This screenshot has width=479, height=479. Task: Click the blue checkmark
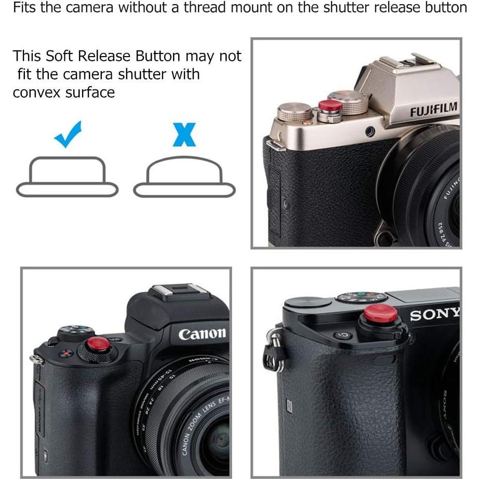click(68, 134)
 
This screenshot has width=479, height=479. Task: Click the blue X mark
click(184, 134)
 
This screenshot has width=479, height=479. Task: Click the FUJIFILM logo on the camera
click(434, 110)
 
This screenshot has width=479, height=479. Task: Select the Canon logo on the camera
click(203, 333)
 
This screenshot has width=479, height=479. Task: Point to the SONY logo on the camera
click(434, 314)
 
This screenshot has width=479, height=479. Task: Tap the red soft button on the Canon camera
click(98, 345)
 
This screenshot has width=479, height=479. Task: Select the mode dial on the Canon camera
click(75, 333)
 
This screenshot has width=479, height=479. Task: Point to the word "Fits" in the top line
click(24, 8)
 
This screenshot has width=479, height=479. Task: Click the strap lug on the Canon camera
click(36, 359)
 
